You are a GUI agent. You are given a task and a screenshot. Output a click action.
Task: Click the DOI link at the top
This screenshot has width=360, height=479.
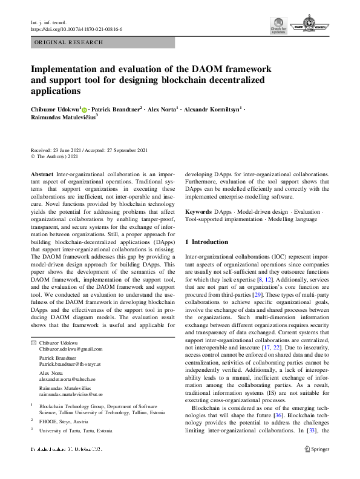point(76,29)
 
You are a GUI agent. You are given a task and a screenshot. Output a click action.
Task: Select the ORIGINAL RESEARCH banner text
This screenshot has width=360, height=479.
point(69,42)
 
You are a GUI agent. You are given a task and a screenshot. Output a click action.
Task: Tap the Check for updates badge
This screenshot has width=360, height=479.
point(278,27)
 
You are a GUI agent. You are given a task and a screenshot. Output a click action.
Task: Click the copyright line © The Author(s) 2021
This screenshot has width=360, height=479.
point(54,156)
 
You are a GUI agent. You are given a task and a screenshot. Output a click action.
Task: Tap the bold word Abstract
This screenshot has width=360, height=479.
point(42,173)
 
